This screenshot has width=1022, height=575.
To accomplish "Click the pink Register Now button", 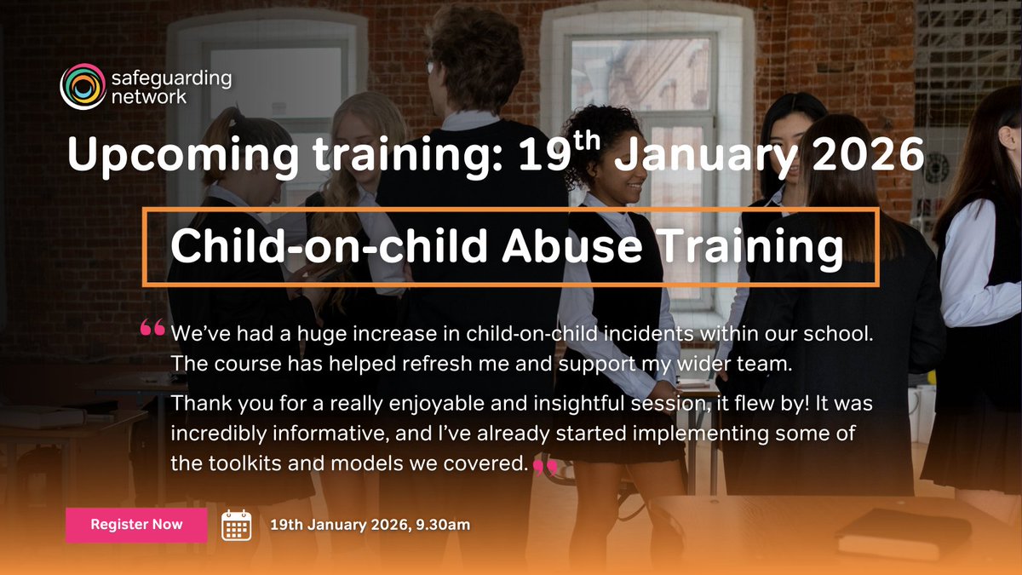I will [136, 525].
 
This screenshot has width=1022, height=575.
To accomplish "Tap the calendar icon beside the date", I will [237, 525].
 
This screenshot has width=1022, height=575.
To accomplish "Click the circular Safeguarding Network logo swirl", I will [82, 87].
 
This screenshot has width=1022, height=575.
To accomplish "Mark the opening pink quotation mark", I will [152, 329].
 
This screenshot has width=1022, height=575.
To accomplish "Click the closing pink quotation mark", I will [544, 465].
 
